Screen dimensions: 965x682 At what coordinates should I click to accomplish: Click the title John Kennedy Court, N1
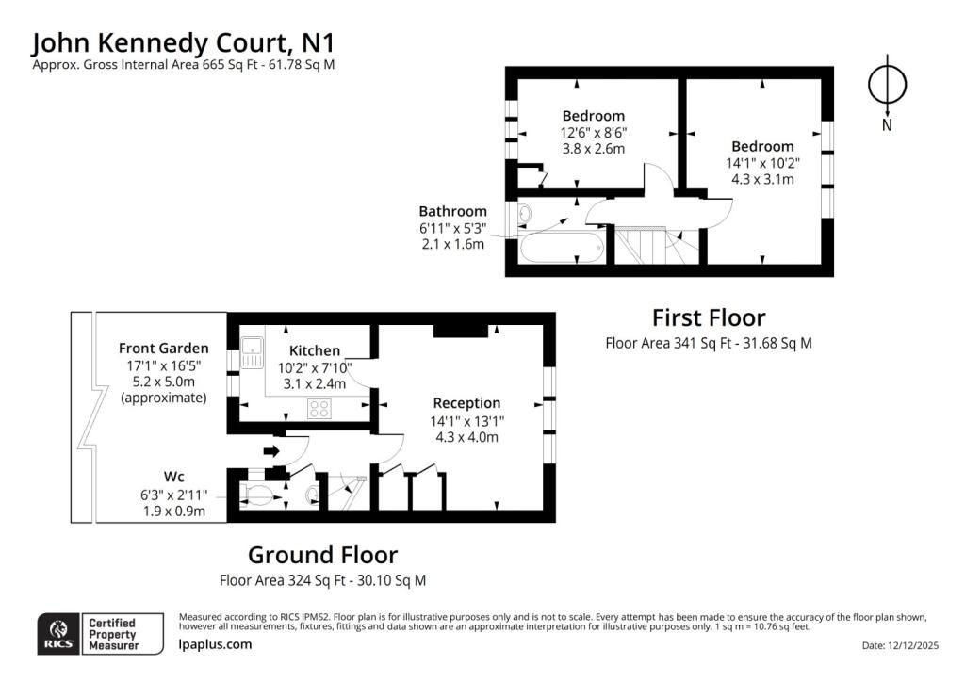[x=184, y=43]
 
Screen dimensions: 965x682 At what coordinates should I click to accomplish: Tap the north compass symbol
[x=887, y=85]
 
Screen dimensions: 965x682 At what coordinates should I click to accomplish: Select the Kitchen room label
[x=315, y=350]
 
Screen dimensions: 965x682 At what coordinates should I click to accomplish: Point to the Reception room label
[x=466, y=403]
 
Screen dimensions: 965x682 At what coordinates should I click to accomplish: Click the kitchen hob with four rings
[x=319, y=409]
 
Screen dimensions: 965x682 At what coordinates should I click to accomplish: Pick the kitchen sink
[x=252, y=353]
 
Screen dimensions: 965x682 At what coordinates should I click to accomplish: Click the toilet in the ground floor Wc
[x=256, y=494]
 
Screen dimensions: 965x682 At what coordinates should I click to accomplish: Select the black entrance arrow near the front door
[x=271, y=451]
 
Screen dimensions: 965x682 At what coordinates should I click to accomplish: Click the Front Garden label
[x=164, y=349]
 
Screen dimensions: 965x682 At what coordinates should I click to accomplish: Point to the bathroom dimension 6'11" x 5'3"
[x=453, y=228]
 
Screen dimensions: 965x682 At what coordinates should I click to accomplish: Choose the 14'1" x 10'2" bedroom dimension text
[x=762, y=163]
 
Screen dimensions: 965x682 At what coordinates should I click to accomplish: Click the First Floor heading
[x=709, y=318]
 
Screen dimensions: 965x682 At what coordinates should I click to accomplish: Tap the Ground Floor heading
[x=322, y=555]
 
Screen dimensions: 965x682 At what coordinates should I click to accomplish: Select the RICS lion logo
[x=59, y=633]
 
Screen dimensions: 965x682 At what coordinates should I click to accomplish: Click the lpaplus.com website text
[x=216, y=644]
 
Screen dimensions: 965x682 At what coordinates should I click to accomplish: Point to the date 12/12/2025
[x=914, y=645]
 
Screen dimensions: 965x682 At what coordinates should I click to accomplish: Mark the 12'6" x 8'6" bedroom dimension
[x=594, y=132]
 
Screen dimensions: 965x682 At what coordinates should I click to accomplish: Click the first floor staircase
[x=656, y=245]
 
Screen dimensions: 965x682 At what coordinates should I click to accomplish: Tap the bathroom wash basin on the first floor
[x=525, y=214]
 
